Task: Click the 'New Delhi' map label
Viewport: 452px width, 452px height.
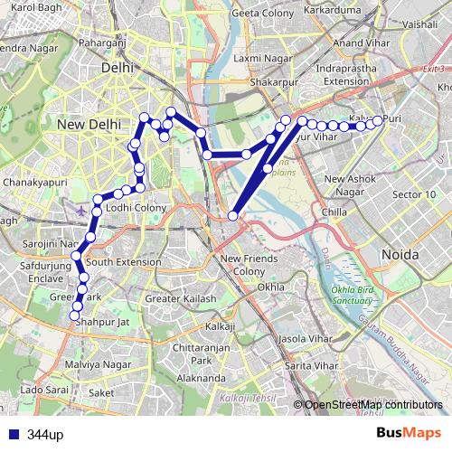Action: [89, 124]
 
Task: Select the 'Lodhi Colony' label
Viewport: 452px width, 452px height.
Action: [137, 208]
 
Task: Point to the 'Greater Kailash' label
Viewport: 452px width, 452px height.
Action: [181, 298]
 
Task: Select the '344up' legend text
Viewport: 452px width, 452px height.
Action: [45, 434]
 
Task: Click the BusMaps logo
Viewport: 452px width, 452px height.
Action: [409, 433]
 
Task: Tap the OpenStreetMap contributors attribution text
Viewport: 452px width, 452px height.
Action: [373, 405]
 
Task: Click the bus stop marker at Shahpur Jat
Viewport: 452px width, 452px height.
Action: [75, 315]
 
